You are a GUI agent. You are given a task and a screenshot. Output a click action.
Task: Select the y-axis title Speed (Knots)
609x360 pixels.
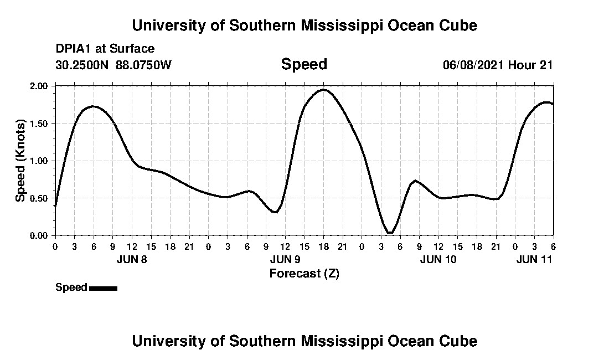coord(20,160)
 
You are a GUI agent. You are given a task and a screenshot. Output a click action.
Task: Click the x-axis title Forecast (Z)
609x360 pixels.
coord(304,274)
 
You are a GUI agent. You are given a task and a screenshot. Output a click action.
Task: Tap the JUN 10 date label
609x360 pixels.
coord(438,259)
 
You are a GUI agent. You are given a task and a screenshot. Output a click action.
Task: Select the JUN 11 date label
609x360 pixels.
coord(534,259)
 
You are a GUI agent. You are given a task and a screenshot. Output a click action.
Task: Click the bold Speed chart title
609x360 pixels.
coord(304,64)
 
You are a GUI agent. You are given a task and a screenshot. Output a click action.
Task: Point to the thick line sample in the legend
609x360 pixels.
coord(103,288)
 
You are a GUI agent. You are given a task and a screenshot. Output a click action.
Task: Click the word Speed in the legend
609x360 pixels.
coord(71,287)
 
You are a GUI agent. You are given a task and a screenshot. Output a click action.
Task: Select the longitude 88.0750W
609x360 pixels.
coord(144,65)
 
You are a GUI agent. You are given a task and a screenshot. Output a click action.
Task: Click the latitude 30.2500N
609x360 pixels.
coord(83,65)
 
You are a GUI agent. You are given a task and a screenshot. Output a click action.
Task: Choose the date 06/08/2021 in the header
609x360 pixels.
coord(473,65)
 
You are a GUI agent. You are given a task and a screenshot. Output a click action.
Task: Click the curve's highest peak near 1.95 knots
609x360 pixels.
coord(323,89)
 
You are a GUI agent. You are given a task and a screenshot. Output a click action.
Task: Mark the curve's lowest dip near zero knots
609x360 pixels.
coord(390,233)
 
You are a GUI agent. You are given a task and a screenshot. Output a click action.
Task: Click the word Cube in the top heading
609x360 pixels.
coord(457,25)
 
